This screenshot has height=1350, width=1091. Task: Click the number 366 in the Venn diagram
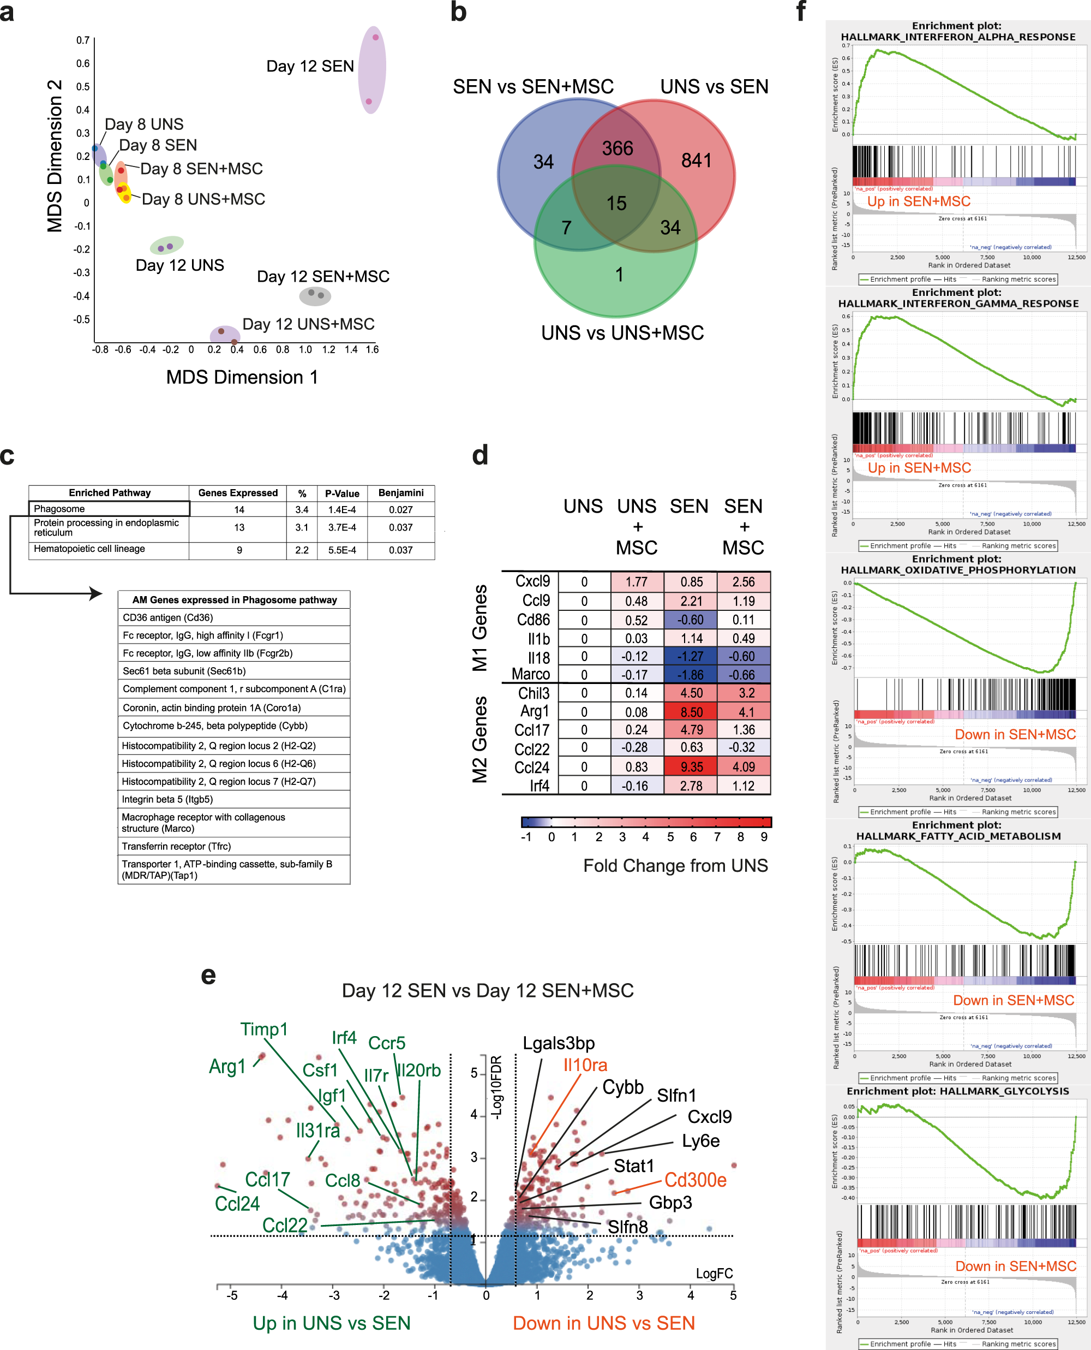coord(617,148)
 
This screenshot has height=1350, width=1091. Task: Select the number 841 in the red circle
coord(696,160)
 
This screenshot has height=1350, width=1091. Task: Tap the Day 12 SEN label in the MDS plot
coord(310,66)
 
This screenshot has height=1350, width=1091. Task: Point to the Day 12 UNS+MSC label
coord(308,324)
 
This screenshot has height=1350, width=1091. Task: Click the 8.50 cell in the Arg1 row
coord(691,712)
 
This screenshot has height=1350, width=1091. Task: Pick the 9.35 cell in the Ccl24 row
coord(691,766)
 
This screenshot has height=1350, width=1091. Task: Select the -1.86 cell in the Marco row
coord(691,675)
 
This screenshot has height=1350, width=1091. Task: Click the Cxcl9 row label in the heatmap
coord(532,581)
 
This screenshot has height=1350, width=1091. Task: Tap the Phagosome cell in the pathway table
coord(109,509)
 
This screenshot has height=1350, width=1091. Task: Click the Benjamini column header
coord(401,493)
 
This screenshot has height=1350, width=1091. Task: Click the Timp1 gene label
coord(264,1030)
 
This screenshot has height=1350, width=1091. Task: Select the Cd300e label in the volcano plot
coord(695,1180)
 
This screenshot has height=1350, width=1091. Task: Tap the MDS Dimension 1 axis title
coord(242,377)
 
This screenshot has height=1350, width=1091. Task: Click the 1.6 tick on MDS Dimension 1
coord(372,349)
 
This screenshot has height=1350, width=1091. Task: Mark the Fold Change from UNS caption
coord(675,866)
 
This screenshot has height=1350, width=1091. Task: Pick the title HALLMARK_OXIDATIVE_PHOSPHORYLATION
coord(958,570)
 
